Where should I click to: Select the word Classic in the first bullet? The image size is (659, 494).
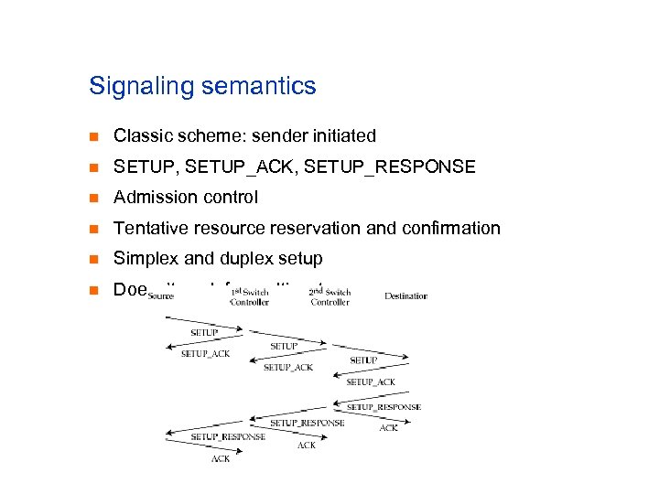pyautogui.click(x=140, y=136)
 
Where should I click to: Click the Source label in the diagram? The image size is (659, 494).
pyautogui.click(x=160, y=296)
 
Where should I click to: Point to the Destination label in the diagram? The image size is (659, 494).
pyautogui.click(x=405, y=295)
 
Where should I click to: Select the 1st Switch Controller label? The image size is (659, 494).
pyautogui.click(x=249, y=296)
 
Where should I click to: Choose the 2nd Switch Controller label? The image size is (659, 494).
pyautogui.click(x=329, y=296)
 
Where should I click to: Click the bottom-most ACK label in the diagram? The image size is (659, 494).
pyautogui.click(x=221, y=458)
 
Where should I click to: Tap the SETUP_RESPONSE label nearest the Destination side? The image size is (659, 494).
pyautogui.click(x=384, y=407)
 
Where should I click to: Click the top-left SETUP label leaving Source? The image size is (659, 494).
pyautogui.click(x=204, y=332)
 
